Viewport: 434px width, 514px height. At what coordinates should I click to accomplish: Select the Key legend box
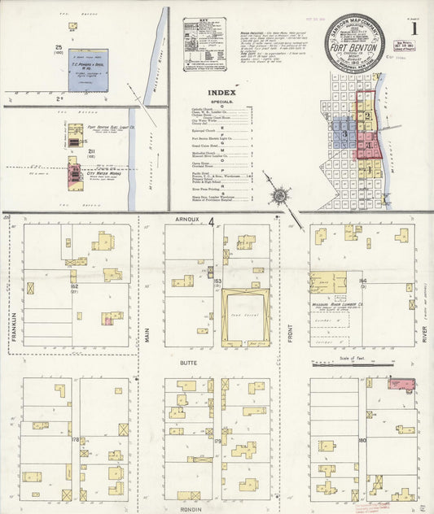[204, 43]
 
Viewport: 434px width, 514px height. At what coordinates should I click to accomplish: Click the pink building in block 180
[401, 383]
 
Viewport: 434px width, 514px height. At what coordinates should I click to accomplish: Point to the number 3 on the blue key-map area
[345, 133]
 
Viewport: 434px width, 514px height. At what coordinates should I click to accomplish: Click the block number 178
[76, 440]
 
